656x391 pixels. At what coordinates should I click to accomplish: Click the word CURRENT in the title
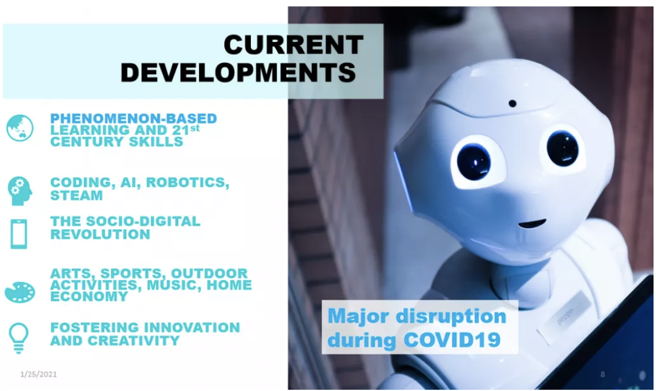[x=293, y=45]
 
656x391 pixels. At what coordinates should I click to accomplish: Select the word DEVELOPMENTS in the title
[x=239, y=72]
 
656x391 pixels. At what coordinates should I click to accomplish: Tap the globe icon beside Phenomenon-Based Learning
[x=20, y=128]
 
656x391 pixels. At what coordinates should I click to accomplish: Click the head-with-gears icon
[x=20, y=191]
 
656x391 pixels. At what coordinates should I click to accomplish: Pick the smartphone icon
[x=19, y=234]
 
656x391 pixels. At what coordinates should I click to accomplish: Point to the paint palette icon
[x=20, y=292]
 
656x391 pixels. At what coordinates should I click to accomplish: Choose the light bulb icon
[x=19, y=338]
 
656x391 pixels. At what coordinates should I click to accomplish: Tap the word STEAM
[x=76, y=196]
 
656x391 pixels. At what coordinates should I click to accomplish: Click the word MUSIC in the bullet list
[x=174, y=285]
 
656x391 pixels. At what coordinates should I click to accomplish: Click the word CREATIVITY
[x=133, y=341]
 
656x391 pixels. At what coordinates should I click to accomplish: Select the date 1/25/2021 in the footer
[x=38, y=374]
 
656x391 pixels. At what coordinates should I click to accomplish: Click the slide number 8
[x=603, y=374]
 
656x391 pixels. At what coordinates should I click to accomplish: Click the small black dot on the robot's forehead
[x=512, y=103]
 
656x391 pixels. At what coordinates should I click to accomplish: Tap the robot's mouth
[x=532, y=223]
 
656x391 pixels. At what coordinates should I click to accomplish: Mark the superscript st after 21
[x=195, y=128]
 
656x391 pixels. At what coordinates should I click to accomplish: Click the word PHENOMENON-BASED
[x=133, y=118]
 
